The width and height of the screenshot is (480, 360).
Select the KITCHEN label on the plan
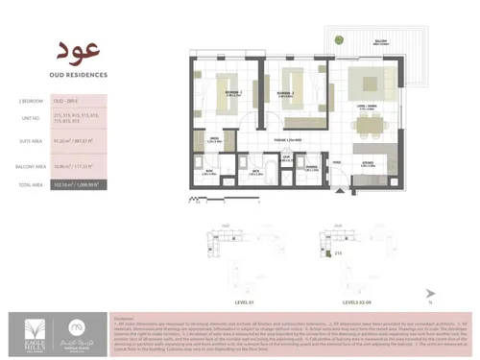click(x=367, y=164)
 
